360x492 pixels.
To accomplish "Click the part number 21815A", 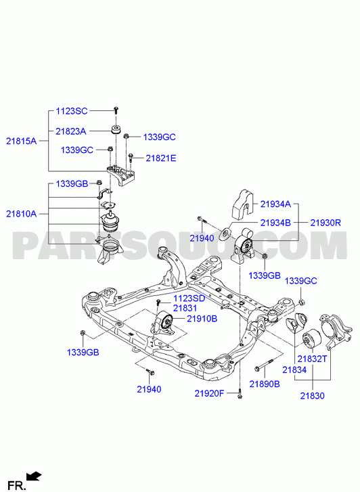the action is (22, 141).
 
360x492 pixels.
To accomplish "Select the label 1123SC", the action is (72, 111).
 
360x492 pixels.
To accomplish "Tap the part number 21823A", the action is (71, 131).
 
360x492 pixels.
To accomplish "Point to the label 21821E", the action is (160, 158).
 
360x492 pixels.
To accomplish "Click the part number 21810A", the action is (22, 214).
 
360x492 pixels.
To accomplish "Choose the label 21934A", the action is (275, 204).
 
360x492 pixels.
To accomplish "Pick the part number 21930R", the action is (325, 223).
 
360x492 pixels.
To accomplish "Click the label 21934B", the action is (275, 223).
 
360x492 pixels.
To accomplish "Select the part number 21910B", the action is (202, 319).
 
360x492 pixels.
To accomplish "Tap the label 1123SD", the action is (189, 298).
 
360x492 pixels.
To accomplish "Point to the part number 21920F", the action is (209, 393).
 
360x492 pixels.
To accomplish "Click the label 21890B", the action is (265, 384).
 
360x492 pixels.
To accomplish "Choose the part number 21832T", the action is (312, 359).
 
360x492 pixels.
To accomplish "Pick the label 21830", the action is (312, 396).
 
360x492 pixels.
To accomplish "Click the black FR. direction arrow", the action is (34, 476).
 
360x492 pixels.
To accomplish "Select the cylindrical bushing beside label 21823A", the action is (116, 129).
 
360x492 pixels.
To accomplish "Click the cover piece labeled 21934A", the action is (243, 204).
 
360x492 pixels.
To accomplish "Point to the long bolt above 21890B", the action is (265, 365).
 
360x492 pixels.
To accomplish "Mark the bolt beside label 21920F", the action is (240, 393).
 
